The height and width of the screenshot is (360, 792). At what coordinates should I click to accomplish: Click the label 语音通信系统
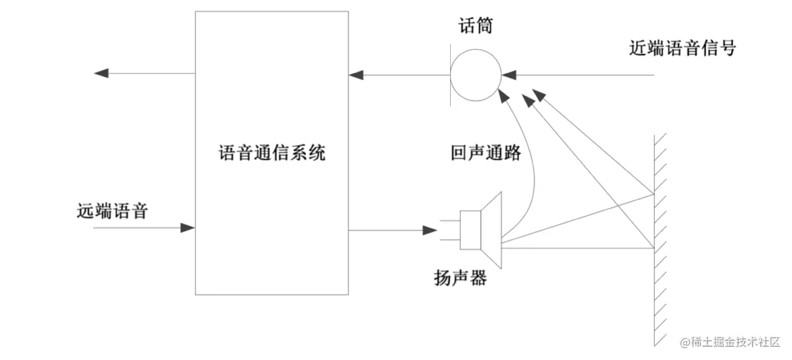(x=272, y=153)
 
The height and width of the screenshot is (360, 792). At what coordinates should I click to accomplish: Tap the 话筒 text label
(x=476, y=26)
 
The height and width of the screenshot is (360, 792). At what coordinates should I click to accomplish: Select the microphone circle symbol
(x=476, y=75)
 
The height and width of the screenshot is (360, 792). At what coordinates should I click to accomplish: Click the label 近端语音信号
(x=682, y=48)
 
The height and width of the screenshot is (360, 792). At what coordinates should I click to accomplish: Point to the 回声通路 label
(x=485, y=153)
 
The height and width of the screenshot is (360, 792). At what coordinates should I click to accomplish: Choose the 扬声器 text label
(x=460, y=278)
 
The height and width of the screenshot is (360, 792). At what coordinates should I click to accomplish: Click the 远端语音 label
(x=112, y=211)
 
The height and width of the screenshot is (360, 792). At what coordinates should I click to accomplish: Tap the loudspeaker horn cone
(x=491, y=230)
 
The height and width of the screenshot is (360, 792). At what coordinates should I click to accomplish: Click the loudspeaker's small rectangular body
(x=470, y=230)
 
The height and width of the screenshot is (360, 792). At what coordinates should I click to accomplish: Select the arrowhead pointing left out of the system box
(x=101, y=73)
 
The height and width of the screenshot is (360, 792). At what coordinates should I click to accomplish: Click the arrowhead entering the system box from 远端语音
(x=187, y=228)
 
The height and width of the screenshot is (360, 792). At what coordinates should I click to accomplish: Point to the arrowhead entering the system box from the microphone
(x=356, y=75)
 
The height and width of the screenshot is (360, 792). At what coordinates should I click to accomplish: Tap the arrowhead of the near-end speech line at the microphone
(x=509, y=75)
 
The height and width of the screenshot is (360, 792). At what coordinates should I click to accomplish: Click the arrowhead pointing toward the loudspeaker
(x=430, y=230)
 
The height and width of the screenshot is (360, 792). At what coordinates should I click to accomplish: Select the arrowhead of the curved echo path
(x=503, y=96)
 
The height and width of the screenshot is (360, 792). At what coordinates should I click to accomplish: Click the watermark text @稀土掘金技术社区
(x=730, y=342)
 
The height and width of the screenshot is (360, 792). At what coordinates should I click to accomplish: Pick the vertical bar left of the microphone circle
(x=450, y=75)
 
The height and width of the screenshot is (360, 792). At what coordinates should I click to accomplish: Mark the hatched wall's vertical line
(x=654, y=240)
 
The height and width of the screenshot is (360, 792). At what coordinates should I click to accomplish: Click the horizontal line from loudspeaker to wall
(x=578, y=249)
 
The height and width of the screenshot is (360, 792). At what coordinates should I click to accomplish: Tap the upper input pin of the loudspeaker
(x=450, y=220)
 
